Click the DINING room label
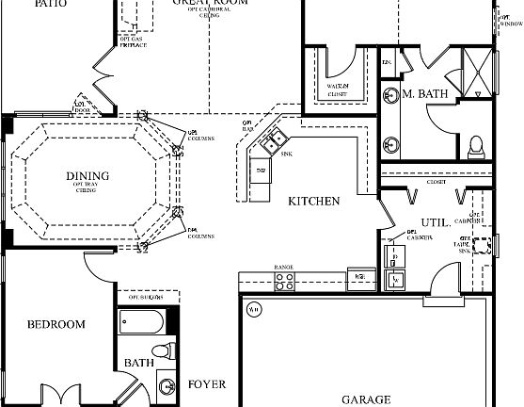coord(87,175)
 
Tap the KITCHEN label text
coord(313,201)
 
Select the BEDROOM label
coord(56,324)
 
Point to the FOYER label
coord(206,384)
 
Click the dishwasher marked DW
coord(261,171)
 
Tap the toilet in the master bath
coord(476,146)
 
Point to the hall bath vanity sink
coord(167,386)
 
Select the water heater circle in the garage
coord(252,307)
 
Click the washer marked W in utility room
coord(396,278)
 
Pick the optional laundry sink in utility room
coord(483,247)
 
